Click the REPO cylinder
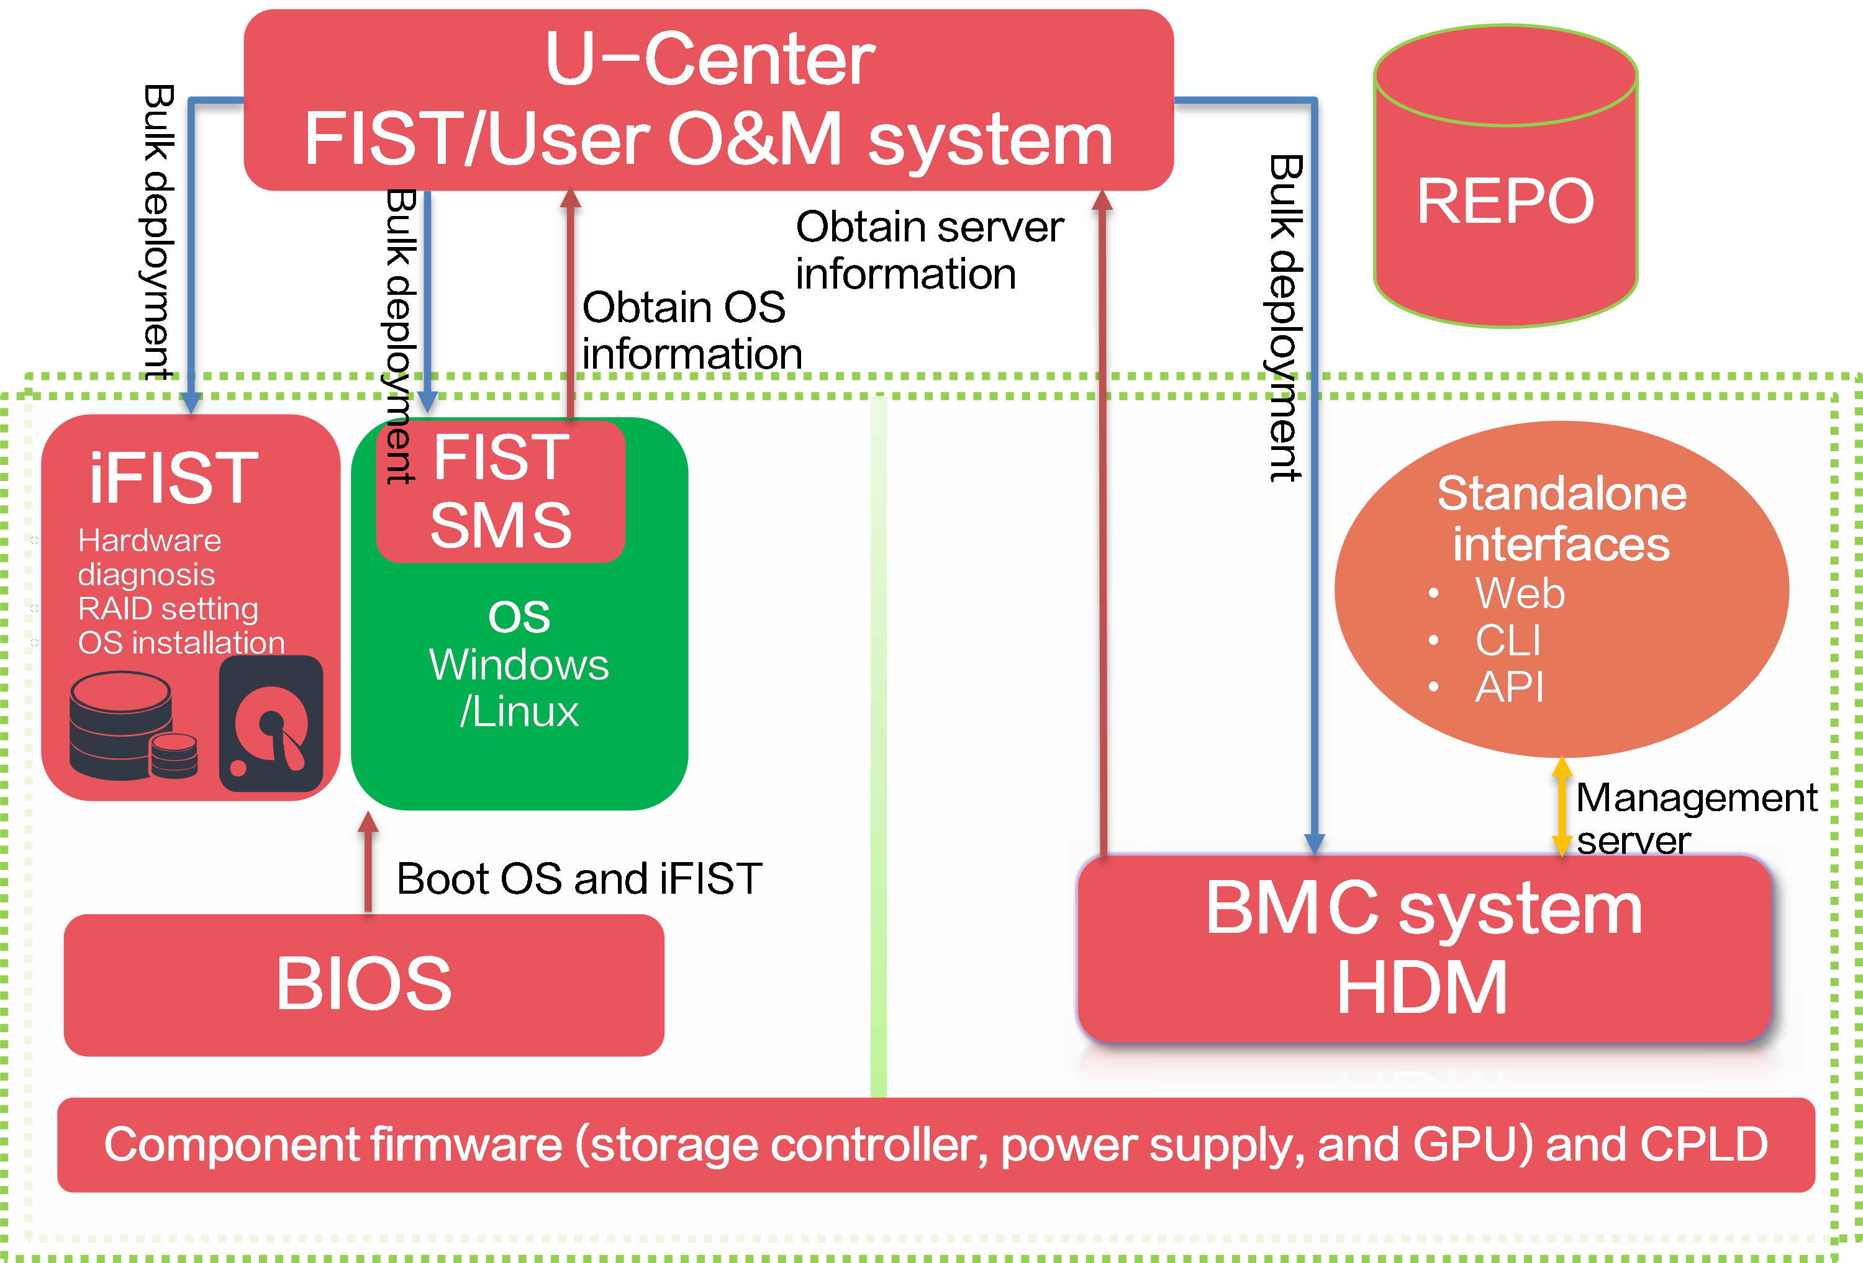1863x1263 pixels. pyautogui.click(x=1505, y=176)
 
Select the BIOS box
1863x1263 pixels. pyautogui.click(x=364, y=985)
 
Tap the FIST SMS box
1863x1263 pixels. pyautogui.click(x=501, y=490)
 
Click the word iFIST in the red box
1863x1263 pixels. pyautogui.click(x=173, y=478)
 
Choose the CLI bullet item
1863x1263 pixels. pyautogui.click(x=1508, y=640)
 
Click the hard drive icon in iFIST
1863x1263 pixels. pyautogui.click(x=271, y=724)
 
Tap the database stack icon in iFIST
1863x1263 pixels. pyautogui.click(x=133, y=726)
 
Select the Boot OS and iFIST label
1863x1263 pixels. pyautogui.click(x=579, y=878)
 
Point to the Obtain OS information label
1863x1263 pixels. pyautogui.click(x=692, y=330)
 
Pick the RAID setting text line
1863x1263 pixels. pyautogui.click(x=168, y=609)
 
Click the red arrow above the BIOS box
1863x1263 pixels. pyautogui.click(x=368, y=862)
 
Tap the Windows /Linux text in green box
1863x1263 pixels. pyautogui.click(x=519, y=688)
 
